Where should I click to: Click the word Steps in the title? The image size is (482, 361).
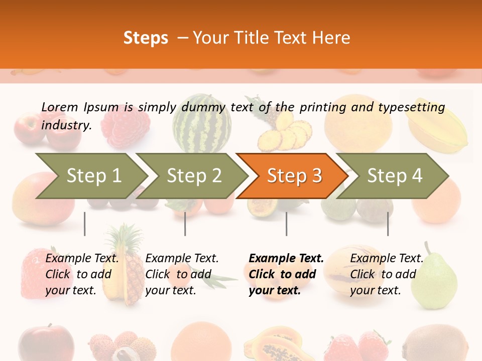[x=146, y=38]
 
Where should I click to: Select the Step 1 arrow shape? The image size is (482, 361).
[x=93, y=175]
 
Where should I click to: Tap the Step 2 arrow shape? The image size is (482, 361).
[x=194, y=175]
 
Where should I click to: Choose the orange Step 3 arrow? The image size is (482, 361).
[x=294, y=175]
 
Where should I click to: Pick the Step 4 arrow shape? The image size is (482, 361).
[x=395, y=175]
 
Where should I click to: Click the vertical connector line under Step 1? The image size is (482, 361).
[x=85, y=224]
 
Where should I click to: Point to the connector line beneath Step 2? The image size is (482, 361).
[x=185, y=224]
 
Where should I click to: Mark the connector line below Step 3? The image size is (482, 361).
[x=286, y=224]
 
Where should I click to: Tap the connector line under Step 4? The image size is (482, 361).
[x=388, y=224]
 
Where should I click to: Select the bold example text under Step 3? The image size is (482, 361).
[x=286, y=274]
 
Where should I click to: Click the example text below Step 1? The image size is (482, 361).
[x=82, y=274]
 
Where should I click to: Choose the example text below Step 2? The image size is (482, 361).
[x=182, y=274]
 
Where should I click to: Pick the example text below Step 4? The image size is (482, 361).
[x=387, y=274]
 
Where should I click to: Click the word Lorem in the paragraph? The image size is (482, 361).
[x=60, y=107]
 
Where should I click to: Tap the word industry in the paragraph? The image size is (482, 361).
[x=66, y=125]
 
